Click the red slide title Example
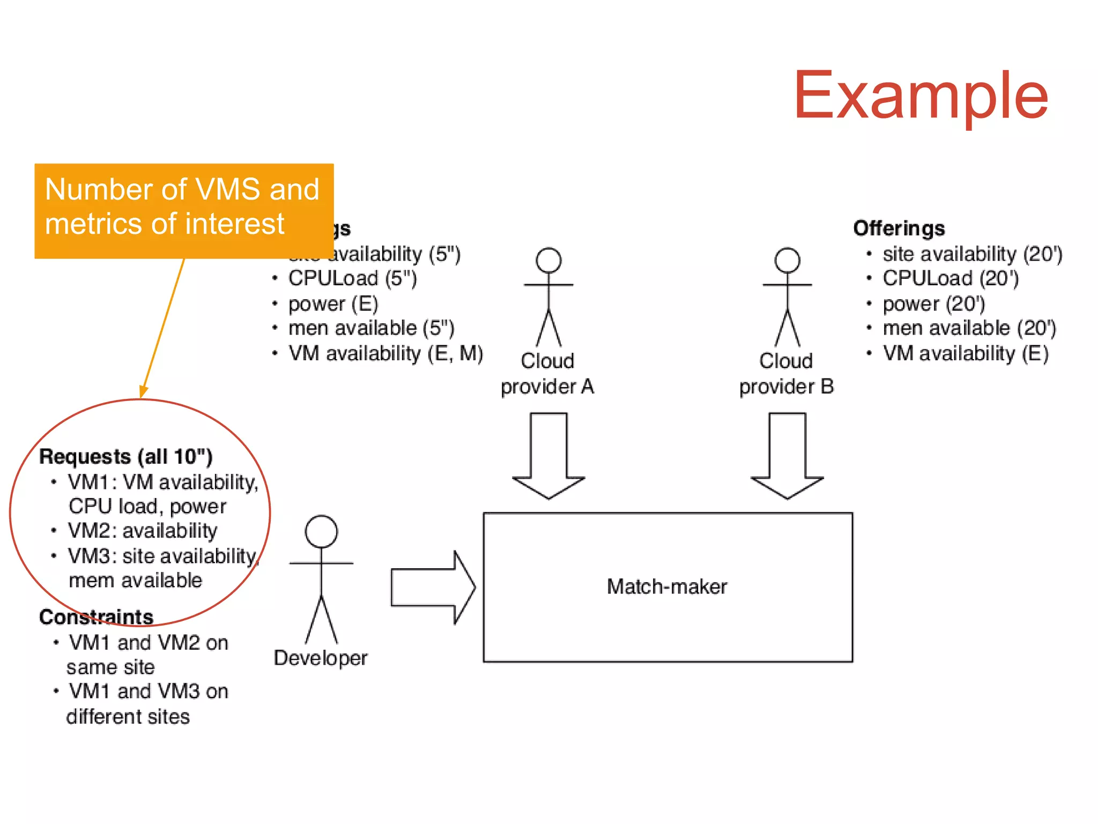(920, 96)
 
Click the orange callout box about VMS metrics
(183, 210)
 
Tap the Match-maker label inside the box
(666, 587)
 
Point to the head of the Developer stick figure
(321, 531)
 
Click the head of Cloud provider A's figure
(548, 261)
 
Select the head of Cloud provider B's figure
(787, 261)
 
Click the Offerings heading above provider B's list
(899, 228)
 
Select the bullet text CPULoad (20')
(950, 278)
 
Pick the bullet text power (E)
(333, 304)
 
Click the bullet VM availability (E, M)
(385, 353)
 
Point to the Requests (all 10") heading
(126, 456)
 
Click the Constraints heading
(96, 617)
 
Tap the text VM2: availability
(142, 531)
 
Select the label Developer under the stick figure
(320, 658)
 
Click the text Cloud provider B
(786, 374)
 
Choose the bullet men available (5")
(371, 328)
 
